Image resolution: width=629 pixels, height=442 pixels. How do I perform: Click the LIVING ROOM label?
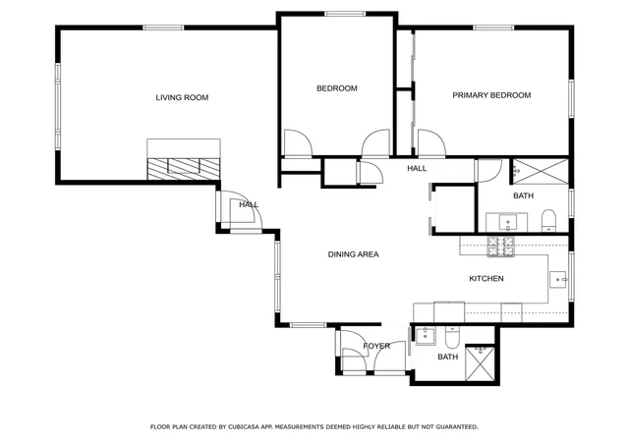[182, 97]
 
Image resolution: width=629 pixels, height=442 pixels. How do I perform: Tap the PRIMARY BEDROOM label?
[491, 95]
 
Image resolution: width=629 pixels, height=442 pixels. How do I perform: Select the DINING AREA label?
[354, 254]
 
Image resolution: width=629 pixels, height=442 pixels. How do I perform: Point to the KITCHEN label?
[486, 278]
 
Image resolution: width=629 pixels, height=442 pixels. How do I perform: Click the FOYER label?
[376, 346]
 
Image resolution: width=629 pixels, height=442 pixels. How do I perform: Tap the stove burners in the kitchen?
[500, 247]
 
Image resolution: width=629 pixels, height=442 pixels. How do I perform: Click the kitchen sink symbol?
[558, 279]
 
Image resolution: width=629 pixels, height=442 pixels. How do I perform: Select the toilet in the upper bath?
[548, 220]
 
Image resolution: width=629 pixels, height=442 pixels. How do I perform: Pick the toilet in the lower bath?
[452, 337]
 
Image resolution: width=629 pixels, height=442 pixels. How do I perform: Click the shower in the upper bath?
[541, 171]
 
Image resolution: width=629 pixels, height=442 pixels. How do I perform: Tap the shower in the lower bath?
[480, 362]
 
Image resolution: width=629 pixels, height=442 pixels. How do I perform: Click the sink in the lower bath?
[426, 335]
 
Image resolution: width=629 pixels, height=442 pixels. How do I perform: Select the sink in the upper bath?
[507, 222]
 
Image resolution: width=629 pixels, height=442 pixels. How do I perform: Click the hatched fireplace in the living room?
[184, 169]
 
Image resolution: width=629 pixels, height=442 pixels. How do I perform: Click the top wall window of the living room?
[163, 28]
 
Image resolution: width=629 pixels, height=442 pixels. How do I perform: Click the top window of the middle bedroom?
[345, 14]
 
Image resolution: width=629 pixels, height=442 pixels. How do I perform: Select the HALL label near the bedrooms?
[417, 168]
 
